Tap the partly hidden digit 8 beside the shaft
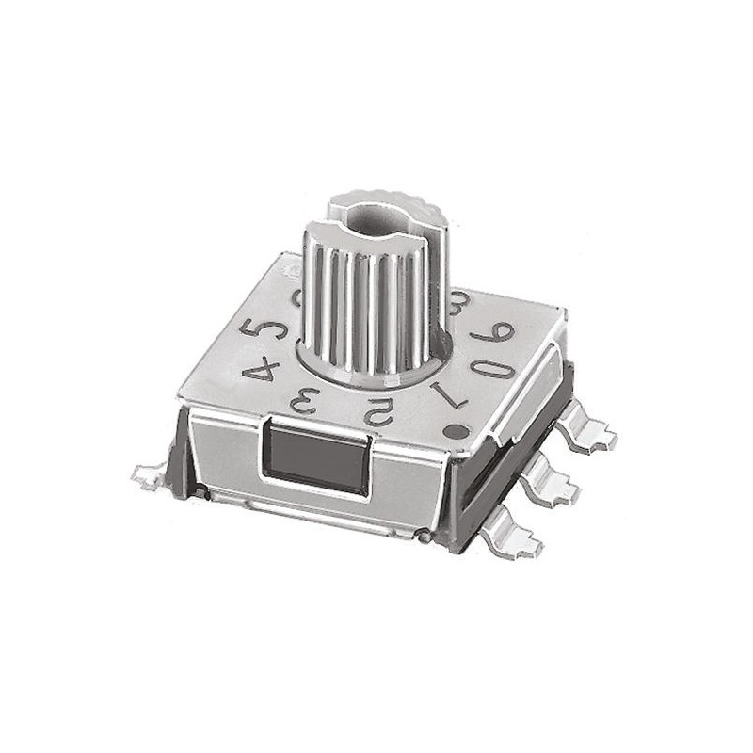click(x=460, y=302)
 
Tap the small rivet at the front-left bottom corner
click(x=201, y=490)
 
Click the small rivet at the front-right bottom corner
click(x=425, y=537)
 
